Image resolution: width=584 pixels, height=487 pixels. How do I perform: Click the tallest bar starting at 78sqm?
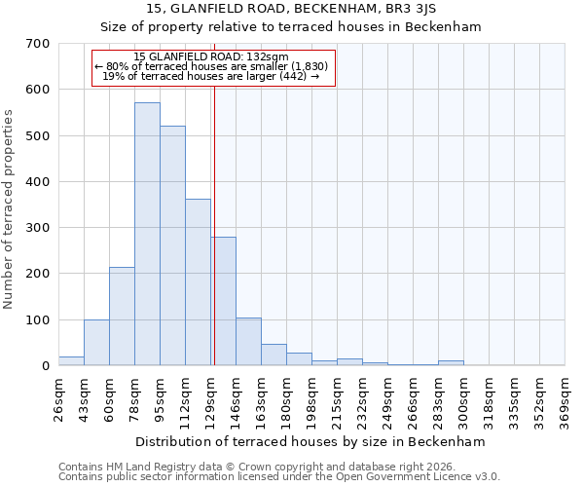tap(147, 234)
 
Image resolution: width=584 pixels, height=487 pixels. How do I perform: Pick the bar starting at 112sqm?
tap(198, 282)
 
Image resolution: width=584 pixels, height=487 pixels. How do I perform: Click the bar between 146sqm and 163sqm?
tap(248, 342)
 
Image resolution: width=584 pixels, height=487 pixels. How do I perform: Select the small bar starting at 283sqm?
tap(451, 362)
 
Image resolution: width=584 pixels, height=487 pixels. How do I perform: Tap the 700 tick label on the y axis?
tap(38, 44)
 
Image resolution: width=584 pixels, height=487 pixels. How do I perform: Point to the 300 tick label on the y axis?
tap(38, 228)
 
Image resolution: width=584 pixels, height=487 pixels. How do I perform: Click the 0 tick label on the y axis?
tap(45, 366)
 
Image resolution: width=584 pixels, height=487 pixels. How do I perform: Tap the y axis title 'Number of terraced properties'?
tap(9, 208)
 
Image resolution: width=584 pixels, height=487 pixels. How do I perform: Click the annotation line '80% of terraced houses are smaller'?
tap(212, 66)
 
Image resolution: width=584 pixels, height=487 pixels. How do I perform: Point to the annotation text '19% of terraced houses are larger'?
tap(210, 76)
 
